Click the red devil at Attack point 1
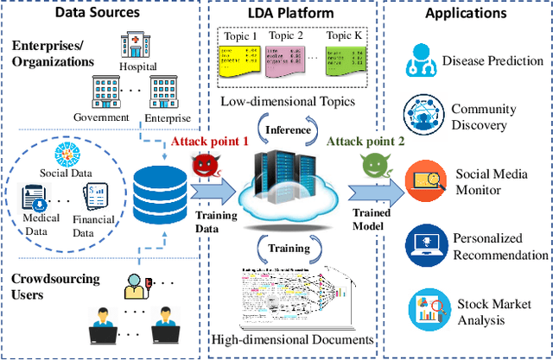coord(203,166)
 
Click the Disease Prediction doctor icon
coord(420,63)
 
